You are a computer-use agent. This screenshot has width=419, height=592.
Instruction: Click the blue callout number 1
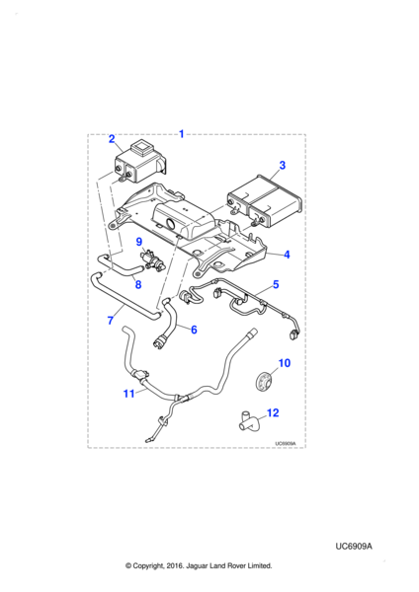(181, 133)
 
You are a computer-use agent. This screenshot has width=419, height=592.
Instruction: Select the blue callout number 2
(112, 138)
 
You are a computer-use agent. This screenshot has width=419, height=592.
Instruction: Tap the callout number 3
(282, 165)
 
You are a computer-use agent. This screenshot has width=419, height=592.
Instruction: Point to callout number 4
(287, 255)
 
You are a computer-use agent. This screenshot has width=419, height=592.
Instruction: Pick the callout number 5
(276, 284)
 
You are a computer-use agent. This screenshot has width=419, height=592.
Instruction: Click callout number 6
(194, 330)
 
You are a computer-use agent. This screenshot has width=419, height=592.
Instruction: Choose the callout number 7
(111, 320)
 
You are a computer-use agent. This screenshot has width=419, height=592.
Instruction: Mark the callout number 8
(138, 284)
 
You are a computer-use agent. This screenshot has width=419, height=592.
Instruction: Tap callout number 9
(139, 242)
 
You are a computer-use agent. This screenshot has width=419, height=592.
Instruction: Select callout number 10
(285, 363)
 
